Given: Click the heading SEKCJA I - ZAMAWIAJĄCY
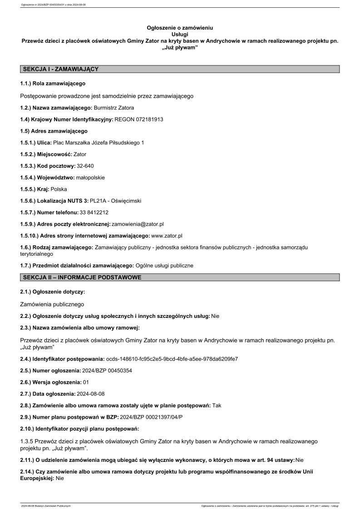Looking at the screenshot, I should pos(60,69).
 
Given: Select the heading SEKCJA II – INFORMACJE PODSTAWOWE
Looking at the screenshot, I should pos(82,277).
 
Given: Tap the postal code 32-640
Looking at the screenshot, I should pos(85,166).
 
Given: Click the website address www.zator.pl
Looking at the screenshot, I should pos(167,236).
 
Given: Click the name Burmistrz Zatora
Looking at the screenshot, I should pos(114,108).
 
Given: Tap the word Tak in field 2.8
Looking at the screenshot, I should pos(217,405).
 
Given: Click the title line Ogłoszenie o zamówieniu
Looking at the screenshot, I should pos(180,28).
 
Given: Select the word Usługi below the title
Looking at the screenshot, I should pos(180,34).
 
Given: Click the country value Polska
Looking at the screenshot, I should pos(59,189).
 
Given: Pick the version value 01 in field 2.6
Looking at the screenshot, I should pos(86,382).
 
